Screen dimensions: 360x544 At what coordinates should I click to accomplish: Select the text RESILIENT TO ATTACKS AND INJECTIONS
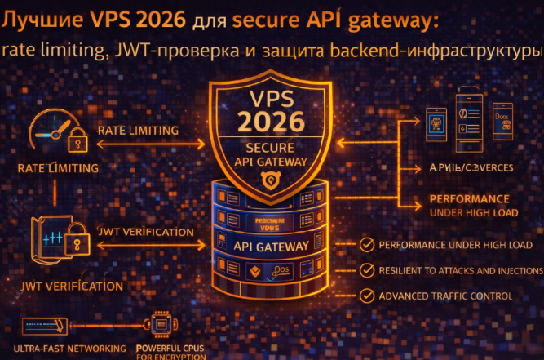click(x=462, y=270)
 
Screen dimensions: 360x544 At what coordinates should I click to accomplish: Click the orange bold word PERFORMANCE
click(x=468, y=199)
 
